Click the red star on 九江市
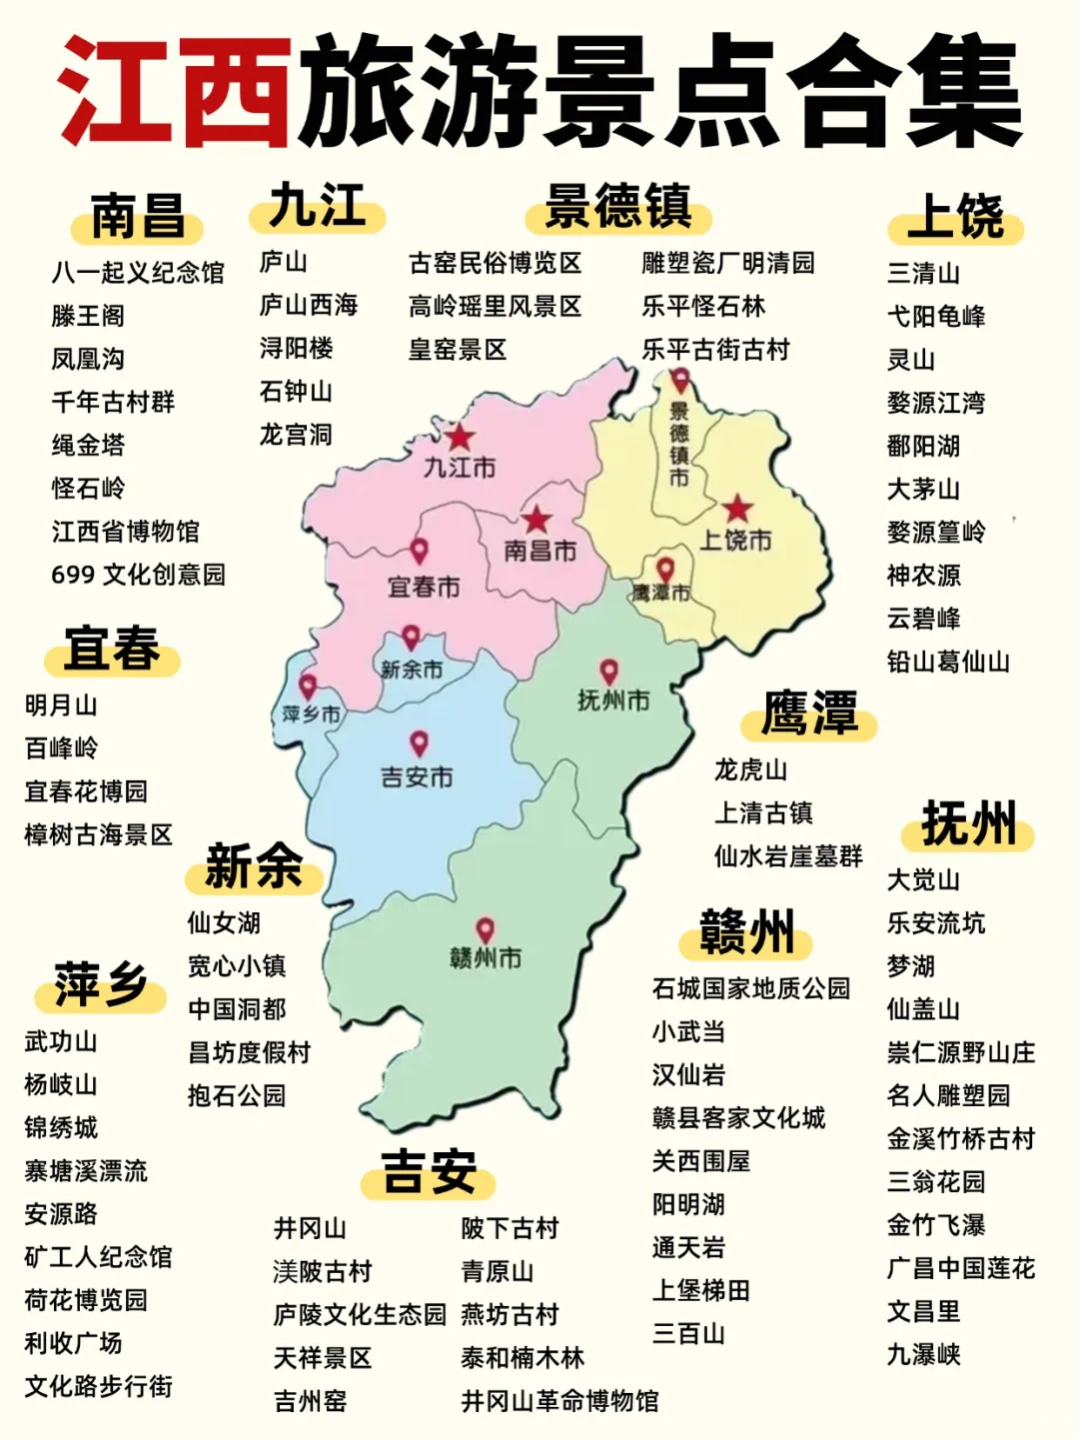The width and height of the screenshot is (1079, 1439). (x=460, y=437)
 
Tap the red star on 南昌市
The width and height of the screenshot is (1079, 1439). (x=537, y=519)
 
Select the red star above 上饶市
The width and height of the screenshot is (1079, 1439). (x=737, y=509)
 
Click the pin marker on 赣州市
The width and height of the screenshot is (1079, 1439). (x=485, y=930)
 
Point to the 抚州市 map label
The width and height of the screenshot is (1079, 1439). (x=613, y=701)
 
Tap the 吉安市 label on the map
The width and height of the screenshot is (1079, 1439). (x=417, y=776)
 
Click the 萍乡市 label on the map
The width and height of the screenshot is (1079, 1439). (x=311, y=715)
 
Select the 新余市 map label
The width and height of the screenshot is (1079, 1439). (x=412, y=670)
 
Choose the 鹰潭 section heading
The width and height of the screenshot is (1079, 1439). (x=809, y=714)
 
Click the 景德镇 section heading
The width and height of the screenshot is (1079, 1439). (x=618, y=207)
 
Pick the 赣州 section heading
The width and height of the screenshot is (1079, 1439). (x=746, y=932)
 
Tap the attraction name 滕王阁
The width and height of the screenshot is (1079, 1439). (x=88, y=316)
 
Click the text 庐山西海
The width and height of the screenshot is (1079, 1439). (x=309, y=305)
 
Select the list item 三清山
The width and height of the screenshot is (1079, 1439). (x=923, y=273)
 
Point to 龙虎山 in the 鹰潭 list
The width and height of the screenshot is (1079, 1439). (x=750, y=769)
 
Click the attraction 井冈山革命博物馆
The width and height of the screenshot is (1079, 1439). (x=559, y=1401)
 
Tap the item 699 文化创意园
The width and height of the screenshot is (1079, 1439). (x=138, y=575)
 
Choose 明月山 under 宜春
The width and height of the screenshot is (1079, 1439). (x=61, y=706)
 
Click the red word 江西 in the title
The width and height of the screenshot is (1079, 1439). (x=175, y=92)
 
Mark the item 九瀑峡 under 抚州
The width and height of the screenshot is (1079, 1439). (x=923, y=1355)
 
